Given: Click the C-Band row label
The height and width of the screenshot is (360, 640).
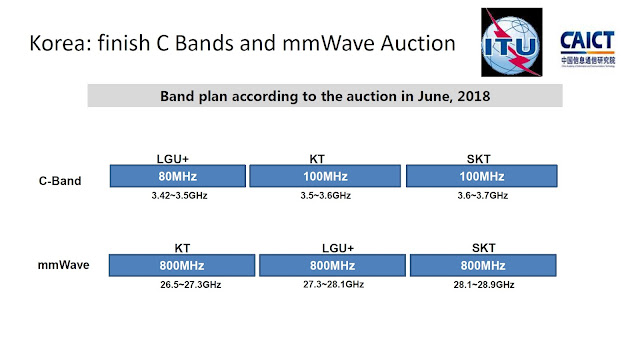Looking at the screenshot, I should [58, 182].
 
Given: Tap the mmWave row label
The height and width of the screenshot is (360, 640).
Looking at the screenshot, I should [56, 265].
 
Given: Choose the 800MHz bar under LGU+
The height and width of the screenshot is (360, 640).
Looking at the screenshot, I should [329, 266].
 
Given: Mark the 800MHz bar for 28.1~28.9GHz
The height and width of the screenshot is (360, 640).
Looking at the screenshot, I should [476, 266].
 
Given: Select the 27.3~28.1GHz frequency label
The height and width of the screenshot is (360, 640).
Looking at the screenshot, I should [329, 285].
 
